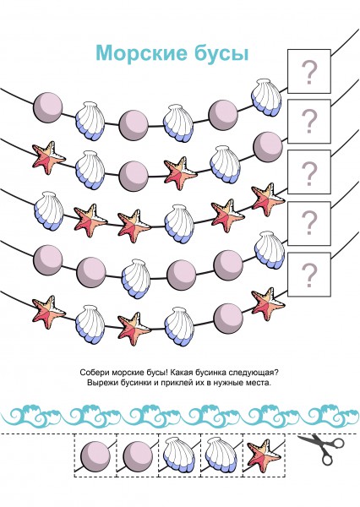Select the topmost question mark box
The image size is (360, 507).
309,72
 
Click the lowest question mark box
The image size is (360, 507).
309,275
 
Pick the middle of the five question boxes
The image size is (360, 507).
309,172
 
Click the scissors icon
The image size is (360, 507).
321,450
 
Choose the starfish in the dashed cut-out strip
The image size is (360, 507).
264,455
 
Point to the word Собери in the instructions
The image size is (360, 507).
92,372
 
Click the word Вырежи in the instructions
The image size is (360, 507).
100,383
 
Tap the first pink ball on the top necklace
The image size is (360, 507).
47,107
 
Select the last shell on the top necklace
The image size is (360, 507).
267,97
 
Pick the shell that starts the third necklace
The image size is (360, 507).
48,211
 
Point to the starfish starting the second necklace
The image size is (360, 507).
48,158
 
